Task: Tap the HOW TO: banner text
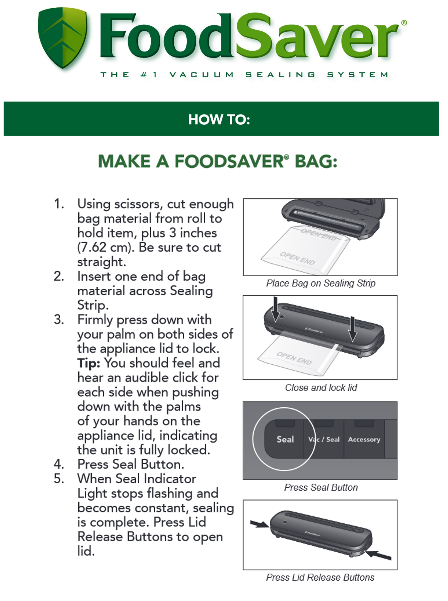[x=219, y=119]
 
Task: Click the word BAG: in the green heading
[x=316, y=161]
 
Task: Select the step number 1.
[x=59, y=204]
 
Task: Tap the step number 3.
[x=59, y=320]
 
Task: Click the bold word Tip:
[x=88, y=363]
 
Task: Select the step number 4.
[x=59, y=464]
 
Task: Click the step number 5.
[x=59, y=479]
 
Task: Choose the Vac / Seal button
[x=324, y=439]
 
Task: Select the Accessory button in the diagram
[x=364, y=439]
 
